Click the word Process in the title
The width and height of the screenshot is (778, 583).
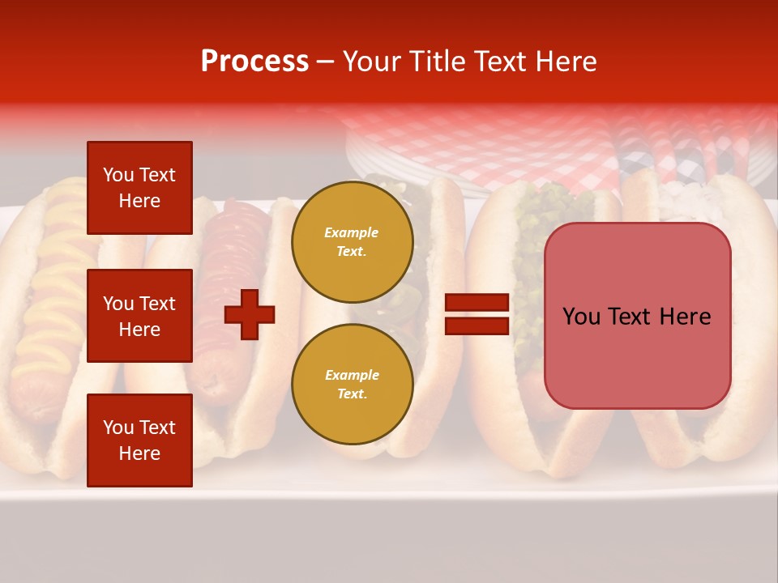(254, 62)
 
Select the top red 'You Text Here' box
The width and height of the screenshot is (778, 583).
(139, 188)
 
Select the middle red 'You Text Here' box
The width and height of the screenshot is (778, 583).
(139, 316)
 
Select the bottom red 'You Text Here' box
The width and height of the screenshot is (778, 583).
(139, 440)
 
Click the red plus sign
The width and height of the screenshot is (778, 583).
(250, 313)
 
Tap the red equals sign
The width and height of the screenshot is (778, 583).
(477, 314)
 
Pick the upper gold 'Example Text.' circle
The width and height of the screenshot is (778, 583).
(352, 241)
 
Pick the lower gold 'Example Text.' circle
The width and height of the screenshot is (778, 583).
(352, 384)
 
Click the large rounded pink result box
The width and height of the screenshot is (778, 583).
(637, 316)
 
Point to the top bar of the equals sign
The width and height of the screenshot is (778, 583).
(477, 303)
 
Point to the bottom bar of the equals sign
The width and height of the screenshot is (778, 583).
(477, 326)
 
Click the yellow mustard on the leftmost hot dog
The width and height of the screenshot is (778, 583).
(49, 308)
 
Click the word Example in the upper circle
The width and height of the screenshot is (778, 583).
(352, 232)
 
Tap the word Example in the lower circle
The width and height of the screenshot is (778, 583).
(352, 375)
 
